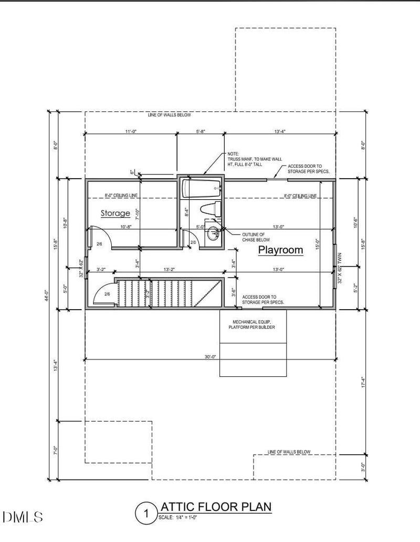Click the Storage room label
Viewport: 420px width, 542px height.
115,213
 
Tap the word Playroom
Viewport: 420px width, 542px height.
280,250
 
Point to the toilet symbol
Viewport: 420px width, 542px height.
212,209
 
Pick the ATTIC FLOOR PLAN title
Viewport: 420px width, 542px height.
215,507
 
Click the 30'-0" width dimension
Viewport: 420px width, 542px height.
211,356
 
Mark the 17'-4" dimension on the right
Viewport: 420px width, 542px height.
362,382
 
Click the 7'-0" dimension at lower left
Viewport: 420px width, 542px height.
56,450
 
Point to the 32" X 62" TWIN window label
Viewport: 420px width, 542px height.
340,268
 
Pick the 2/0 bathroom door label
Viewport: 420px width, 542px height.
193,242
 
